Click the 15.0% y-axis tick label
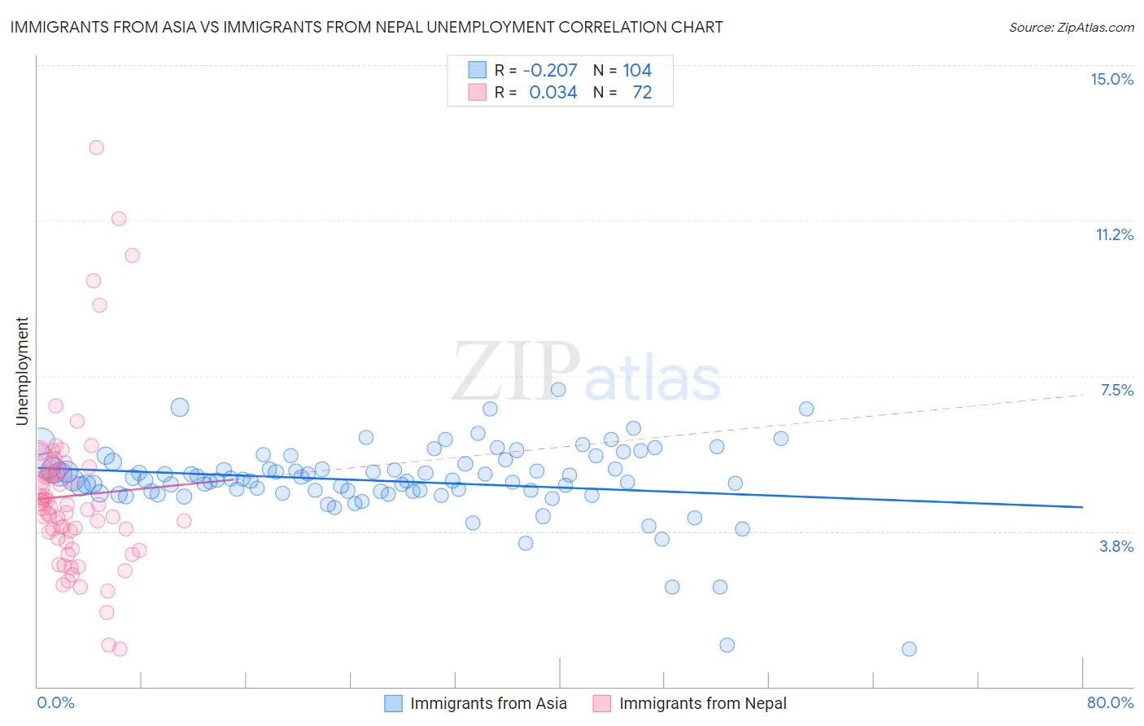tap(1111, 79)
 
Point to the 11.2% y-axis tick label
tap(1114, 234)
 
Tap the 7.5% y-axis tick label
tap(1116, 390)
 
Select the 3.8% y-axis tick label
tap(1116, 546)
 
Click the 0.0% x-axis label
tap(55, 702)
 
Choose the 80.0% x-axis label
tap(1110, 702)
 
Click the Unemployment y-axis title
tap(22, 371)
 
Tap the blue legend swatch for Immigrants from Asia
tap(394, 703)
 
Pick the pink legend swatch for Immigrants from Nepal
tap(602, 703)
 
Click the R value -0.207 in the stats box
tap(550, 70)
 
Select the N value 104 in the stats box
tap(637, 70)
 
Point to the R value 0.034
tap(553, 92)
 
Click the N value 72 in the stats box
tap(642, 92)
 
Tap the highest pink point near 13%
tap(96, 147)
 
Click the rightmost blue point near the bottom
tap(909, 649)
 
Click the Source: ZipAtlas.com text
tap(1071, 27)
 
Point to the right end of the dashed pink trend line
tap(1083, 394)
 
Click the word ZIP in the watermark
tap(515, 372)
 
